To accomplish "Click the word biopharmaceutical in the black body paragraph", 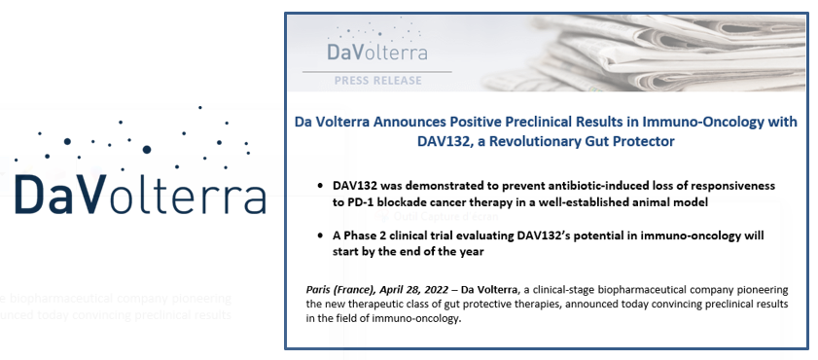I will pos(661,289).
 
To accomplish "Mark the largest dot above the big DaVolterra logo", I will pos(147,149).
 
